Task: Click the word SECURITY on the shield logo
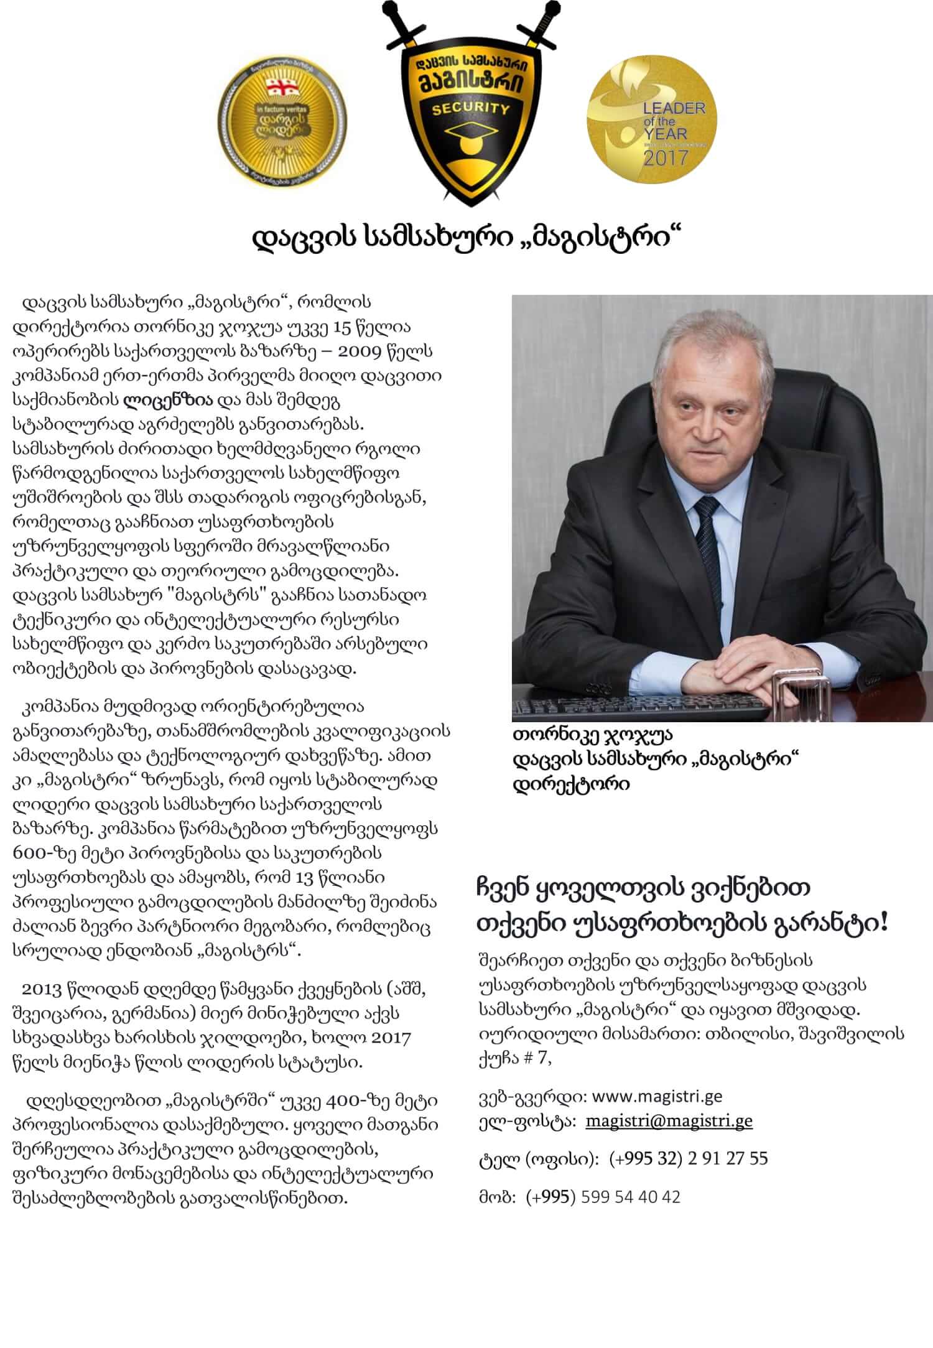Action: (x=466, y=109)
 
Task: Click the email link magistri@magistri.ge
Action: (x=669, y=1121)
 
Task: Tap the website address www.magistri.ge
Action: (x=657, y=1095)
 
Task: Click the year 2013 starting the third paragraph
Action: (x=40, y=988)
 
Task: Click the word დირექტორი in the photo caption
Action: (x=570, y=784)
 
